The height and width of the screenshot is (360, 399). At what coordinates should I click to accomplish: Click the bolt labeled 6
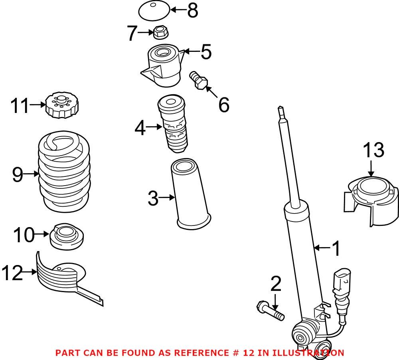coord(198,80)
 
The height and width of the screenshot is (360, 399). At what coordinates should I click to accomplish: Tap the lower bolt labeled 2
coord(270,311)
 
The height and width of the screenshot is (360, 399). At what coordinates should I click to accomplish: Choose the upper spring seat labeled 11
coord(61,105)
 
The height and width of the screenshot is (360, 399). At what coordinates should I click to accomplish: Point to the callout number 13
coord(373,150)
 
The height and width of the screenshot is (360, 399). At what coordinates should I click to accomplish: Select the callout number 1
coord(337,248)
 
